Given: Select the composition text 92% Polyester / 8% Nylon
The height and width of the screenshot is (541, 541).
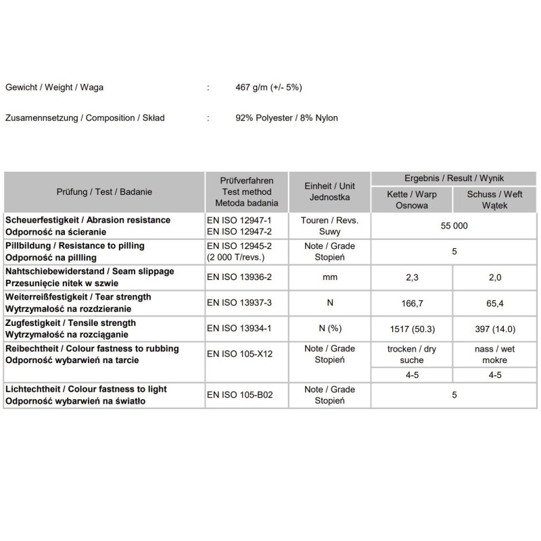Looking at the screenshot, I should pos(286,118).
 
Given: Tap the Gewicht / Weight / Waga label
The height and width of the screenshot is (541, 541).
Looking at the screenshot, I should pos(54,88).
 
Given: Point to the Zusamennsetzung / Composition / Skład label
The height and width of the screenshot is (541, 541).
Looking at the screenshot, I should pos(85,118).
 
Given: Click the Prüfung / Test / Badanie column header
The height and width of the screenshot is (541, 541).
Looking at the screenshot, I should pos(104,192).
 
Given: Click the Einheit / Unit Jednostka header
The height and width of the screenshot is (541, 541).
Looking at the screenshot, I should pos(329,192).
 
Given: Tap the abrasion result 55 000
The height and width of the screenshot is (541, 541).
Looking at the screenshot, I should pos(454,226).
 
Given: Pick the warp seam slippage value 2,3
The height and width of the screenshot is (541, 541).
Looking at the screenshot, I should pos(411,277).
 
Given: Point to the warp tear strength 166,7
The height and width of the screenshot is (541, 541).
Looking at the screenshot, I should pos(411,303).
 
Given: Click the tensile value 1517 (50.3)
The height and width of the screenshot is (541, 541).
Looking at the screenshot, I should pos(411,329).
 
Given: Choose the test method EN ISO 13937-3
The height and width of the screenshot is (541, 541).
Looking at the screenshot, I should pos(239,303).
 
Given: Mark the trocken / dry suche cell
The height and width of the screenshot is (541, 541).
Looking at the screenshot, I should pos(411,354).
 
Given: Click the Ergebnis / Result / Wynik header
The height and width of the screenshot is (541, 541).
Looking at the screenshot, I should pos(454,179).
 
